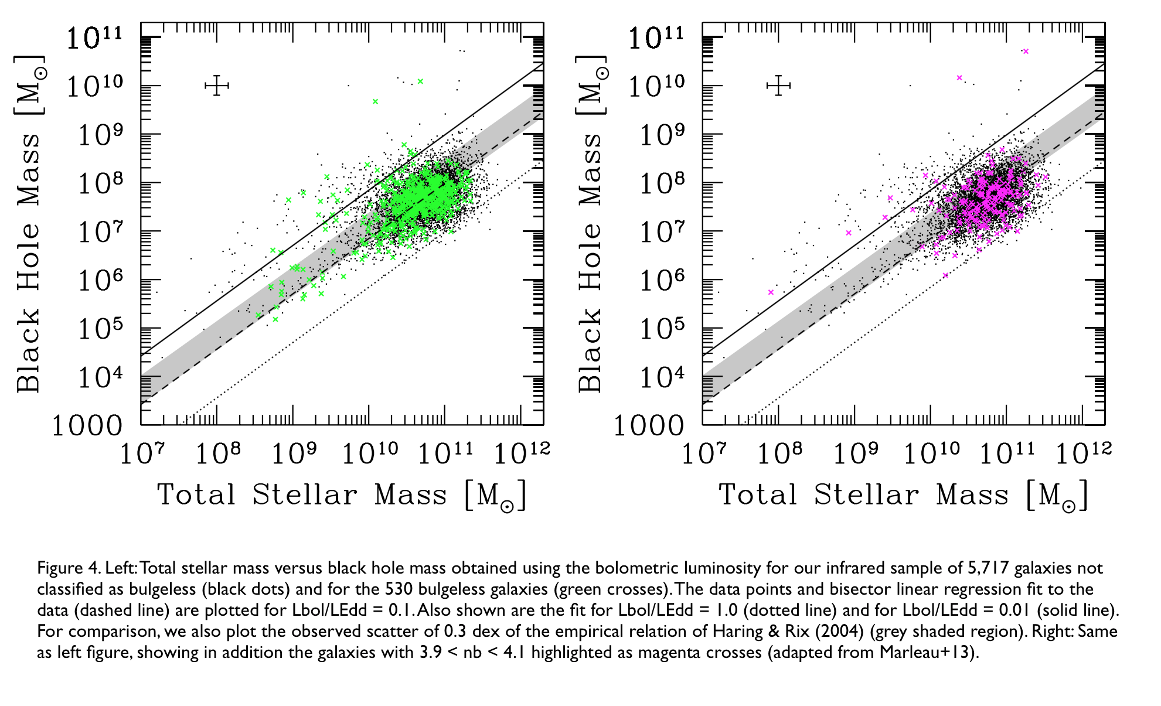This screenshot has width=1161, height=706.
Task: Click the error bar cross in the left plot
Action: click(x=217, y=86)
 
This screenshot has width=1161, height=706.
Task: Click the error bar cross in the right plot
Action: click(x=778, y=86)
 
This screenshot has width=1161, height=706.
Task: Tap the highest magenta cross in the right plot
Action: click(x=1026, y=52)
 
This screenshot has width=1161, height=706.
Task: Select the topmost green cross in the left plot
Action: click(x=420, y=81)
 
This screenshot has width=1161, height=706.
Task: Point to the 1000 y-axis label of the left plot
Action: click(x=87, y=426)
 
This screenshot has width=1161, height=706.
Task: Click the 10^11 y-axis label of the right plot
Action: click(x=655, y=38)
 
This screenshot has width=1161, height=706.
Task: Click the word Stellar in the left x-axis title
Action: click(x=305, y=495)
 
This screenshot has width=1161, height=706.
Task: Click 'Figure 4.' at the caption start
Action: click(x=69, y=568)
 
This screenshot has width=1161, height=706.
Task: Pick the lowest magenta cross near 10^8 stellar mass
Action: click(x=771, y=292)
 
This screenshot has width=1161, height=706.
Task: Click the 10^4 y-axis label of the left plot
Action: click(x=100, y=378)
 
